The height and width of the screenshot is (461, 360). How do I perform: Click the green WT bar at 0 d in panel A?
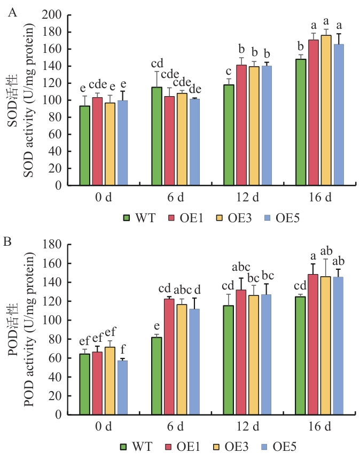click(84, 145)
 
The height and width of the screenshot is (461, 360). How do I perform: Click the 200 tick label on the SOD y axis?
click(62, 15)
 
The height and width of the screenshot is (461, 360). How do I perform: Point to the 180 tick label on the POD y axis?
click(62, 245)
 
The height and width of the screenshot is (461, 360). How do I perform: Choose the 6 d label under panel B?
click(175, 427)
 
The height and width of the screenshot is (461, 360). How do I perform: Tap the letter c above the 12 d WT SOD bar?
click(229, 72)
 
